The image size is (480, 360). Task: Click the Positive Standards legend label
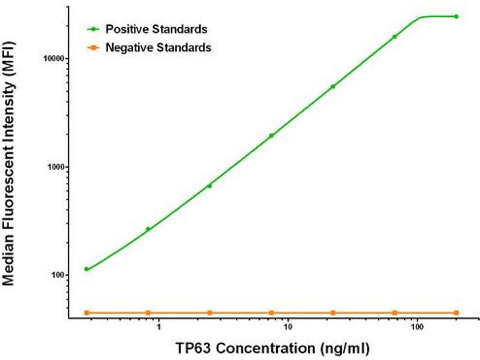tap(156, 29)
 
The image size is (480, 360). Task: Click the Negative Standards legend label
tap(158, 48)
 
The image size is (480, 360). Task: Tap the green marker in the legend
tap(92, 29)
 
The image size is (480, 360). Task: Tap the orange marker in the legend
tap(92, 48)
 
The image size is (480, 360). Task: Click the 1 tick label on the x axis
tap(158, 329)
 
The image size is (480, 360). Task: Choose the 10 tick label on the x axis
tap(287, 329)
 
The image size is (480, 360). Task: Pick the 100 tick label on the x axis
tap(418, 329)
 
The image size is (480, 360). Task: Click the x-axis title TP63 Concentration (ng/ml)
tap(272, 348)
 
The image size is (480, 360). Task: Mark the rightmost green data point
tap(457, 16)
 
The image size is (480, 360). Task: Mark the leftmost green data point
tap(86, 269)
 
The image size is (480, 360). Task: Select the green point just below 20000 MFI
tap(394, 37)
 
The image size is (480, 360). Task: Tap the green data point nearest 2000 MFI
tap(271, 136)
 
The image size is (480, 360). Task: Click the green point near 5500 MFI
tap(333, 86)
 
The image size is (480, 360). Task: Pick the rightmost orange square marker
tap(457, 313)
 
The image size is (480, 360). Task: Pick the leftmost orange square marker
tap(86, 313)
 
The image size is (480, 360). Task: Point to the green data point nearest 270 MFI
tap(148, 229)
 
